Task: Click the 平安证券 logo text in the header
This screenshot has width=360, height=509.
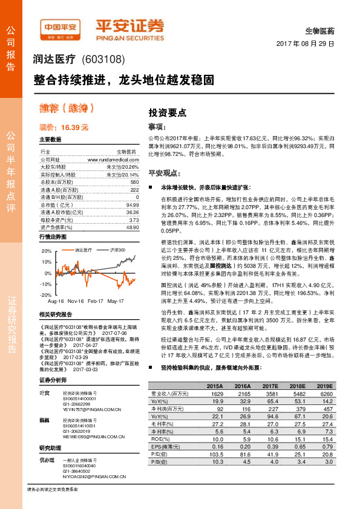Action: pyautogui.click(x=129, y=26)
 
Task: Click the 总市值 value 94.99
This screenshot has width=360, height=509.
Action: pyautogui.click(x=133, y=205)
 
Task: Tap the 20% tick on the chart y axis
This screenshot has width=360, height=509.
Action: pyautogui.click(x=47, y=250)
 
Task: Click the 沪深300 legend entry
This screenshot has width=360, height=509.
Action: pyautogui.click(x=117, y=249)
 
